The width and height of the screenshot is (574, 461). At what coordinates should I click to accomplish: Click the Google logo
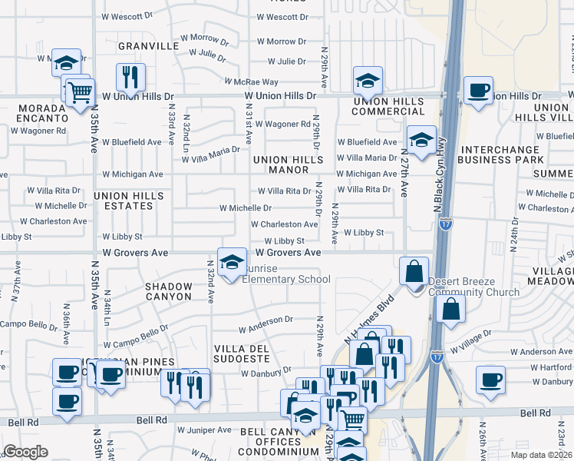[25, 452]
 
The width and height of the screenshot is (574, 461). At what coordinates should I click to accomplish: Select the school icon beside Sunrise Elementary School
[232, 263]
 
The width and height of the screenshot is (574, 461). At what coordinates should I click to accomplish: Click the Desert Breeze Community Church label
[473, 287]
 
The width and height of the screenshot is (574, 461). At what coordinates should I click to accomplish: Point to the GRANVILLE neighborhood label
[147, 46]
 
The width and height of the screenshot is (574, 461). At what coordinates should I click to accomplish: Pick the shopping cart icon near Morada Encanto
[79, 94]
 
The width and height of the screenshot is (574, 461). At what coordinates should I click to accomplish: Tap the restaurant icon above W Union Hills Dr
[130, 77]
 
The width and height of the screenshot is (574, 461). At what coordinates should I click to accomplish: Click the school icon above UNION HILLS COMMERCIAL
[368, 80]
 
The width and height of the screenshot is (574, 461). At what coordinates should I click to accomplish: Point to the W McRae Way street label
[252, 81]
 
